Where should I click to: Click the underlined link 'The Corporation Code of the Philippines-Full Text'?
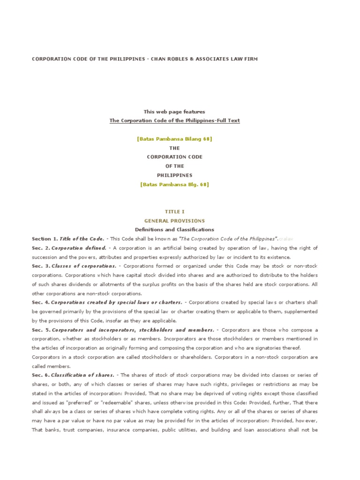click(174, 120)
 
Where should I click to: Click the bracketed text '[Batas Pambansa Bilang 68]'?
click(174, 139)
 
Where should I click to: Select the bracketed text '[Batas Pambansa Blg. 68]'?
click(174, 184)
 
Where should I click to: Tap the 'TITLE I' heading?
click(174, 211)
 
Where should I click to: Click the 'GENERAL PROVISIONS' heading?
click(174, 220)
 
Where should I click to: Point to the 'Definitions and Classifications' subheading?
click(174, 230)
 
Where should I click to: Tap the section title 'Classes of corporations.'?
click(83, 266)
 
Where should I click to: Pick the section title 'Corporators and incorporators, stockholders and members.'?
click(133, 330)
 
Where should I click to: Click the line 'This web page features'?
click(174, 112)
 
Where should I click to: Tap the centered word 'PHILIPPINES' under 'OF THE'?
click(174, 175)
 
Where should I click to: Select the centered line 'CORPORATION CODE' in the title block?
click(174, 157)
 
